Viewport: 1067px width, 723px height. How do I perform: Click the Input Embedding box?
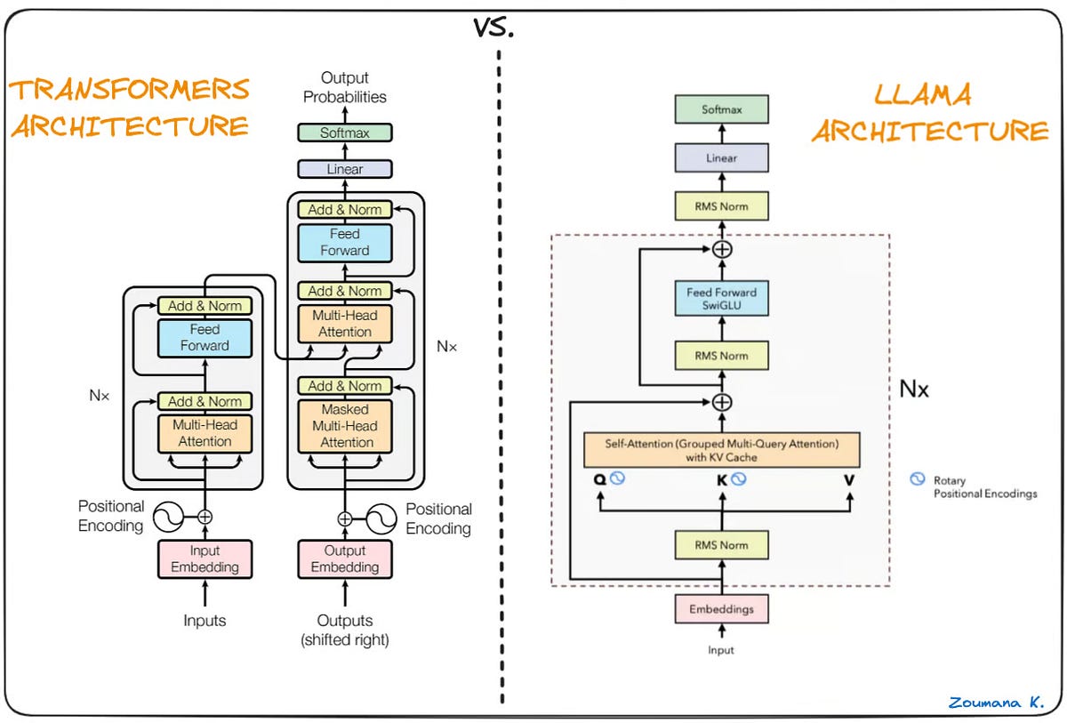pyautogui.click(x=205, y=558)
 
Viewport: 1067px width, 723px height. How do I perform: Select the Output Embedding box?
pyautogui.click(x=345, y=558)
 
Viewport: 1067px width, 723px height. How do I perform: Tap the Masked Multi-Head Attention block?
pyautogui.click(x=345, y=425)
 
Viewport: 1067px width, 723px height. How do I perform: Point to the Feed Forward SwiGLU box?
pyautogui.click(x=721, y=300)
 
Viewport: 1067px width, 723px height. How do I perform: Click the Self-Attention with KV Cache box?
pyautogui.click(x=722, y=449)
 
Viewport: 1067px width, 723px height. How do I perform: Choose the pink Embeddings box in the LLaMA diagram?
pyautogui.click(x=721, y=609)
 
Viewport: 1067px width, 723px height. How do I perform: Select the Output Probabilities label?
pyautogui.click(x=345, y=87)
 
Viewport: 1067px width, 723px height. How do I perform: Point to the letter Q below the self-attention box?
pyautogui.click(x=600, y=480)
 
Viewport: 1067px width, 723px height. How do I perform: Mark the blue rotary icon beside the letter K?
pyautogui.click(x=738, y=479)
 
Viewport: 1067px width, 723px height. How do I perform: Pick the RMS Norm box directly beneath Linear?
pyautogui.click(x=721, y=206)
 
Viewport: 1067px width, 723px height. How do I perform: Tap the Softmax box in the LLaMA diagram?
pyautogui.click(x=721, y=110)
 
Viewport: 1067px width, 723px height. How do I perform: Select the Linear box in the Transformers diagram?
pyautogui.click(x=345, y=168)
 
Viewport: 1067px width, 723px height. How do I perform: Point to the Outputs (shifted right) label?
pyautogui.click(x=345, y=630)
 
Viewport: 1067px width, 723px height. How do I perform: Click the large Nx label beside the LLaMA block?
pyautogui.click(x=913, y=389)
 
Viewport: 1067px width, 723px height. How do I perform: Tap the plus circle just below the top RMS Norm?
pyautogui.click(x=722, y=249)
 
